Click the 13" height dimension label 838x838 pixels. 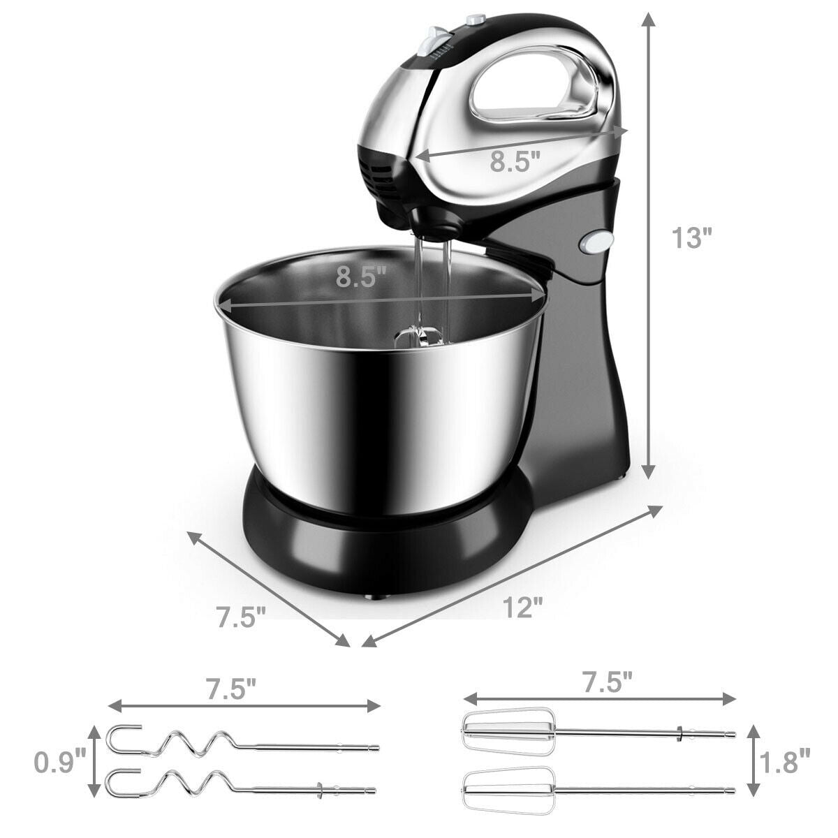tap(691, 238)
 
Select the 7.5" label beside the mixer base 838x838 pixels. tap(241, 617)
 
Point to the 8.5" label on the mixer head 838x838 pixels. tap(515, 162)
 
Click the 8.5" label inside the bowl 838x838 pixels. tap(361, 277)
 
